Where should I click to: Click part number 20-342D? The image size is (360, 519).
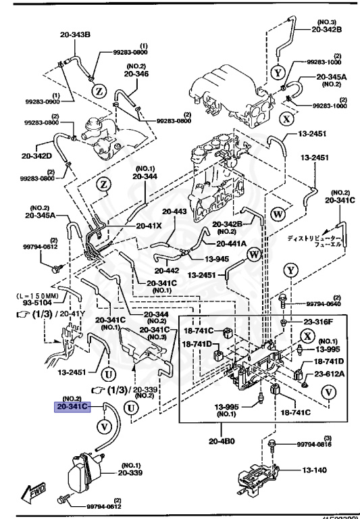pos(37,156)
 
